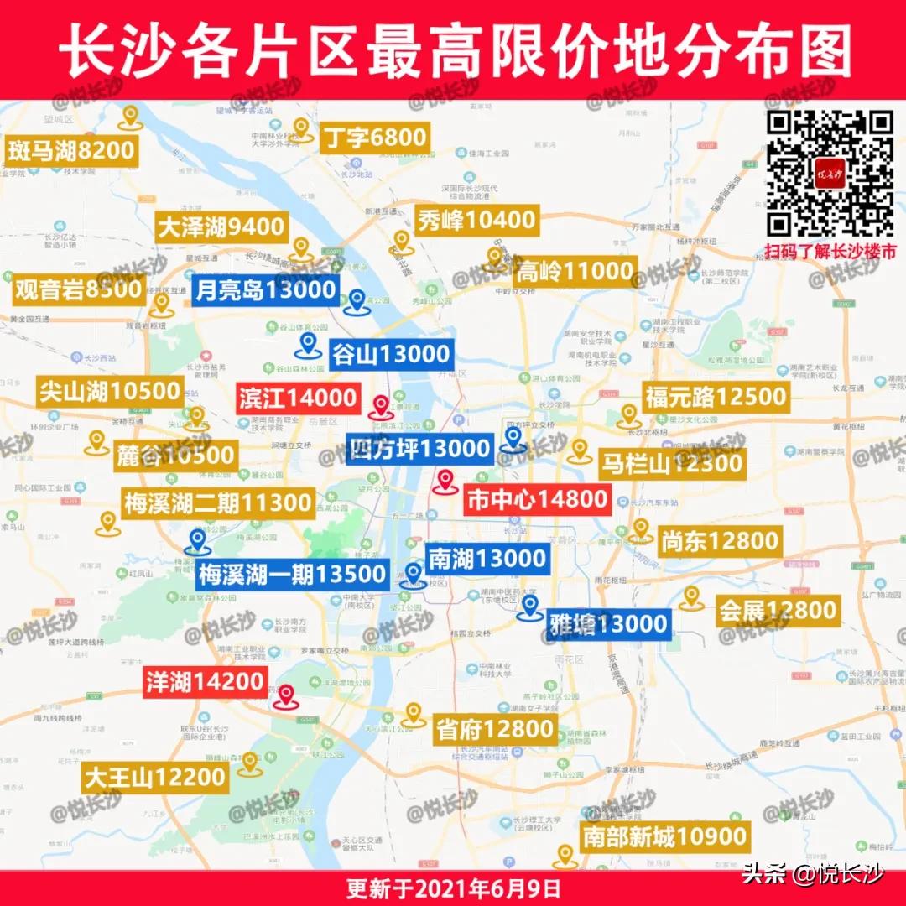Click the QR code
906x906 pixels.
pos(831,174)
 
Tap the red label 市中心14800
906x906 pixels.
pos(536,500)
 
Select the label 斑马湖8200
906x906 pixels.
pos(71,151)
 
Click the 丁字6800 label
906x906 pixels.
pos(375,137)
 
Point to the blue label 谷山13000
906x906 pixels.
pos(391,354)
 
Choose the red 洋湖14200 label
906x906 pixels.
pos(206,681)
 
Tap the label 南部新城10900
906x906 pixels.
pos(664,836)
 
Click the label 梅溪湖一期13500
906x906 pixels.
pos(292,575)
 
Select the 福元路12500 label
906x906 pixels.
pos(716,397)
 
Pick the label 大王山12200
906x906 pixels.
pos(155,778)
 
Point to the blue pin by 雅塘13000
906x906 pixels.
pos(528,607)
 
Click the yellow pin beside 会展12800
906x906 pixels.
pos(690,597)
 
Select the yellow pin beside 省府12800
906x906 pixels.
pos(412,714)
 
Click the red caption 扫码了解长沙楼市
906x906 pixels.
pos(830,250)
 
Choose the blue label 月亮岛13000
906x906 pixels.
pos(265,291)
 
